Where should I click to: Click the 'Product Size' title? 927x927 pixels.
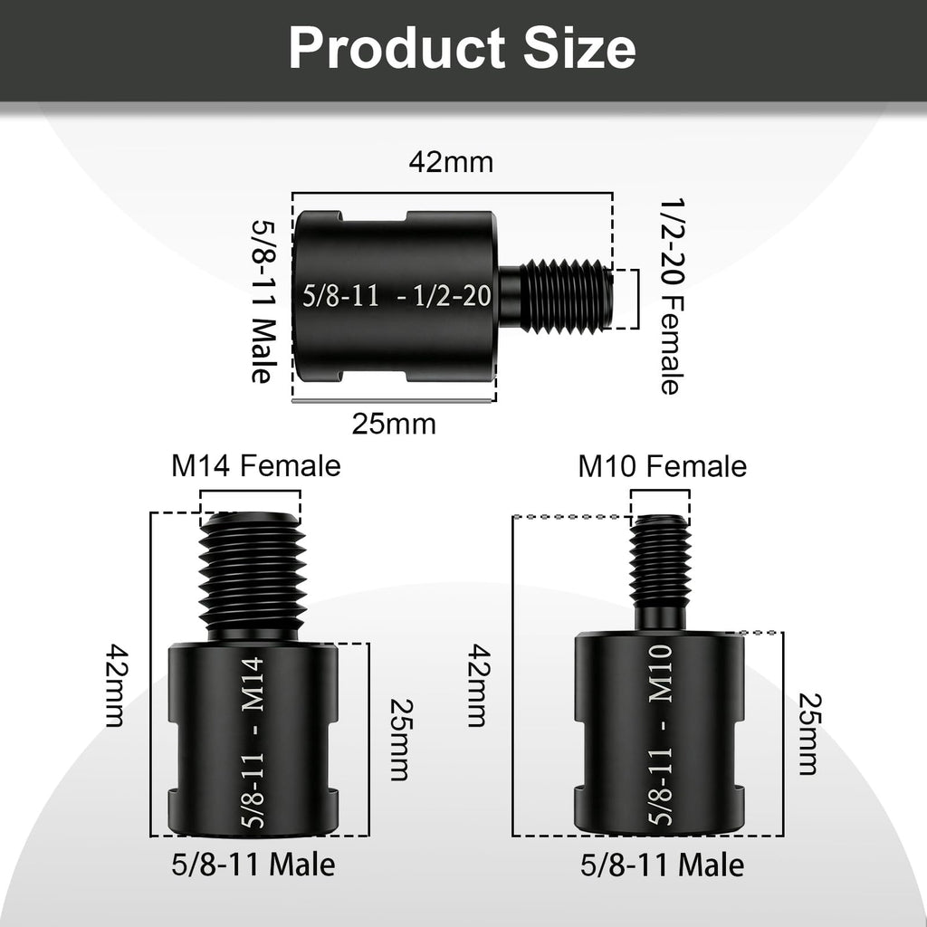[x=463, y=49]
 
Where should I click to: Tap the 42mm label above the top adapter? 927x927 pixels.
[x=451, y=163]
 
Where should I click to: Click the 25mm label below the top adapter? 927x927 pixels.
[x=394, y=424]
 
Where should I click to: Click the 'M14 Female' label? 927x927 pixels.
[x=256, y=466]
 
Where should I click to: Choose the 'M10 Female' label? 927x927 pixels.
[x=662, y=466]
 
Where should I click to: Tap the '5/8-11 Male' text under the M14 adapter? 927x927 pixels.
[x=253, y=865]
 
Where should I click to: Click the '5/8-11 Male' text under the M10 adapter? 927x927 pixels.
[x=662, y=865]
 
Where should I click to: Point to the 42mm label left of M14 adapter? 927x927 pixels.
[x=117, y=685]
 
